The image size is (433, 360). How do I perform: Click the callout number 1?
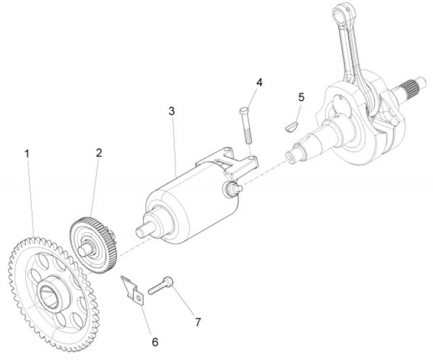[27, 154]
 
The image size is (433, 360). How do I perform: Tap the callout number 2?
[99, 153]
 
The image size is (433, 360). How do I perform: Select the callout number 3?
[171, 112]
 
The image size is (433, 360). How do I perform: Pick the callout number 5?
[301, 96]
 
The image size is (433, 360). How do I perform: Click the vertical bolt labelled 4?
[243, 126]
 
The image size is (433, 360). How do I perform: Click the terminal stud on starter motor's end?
[232, 188]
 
